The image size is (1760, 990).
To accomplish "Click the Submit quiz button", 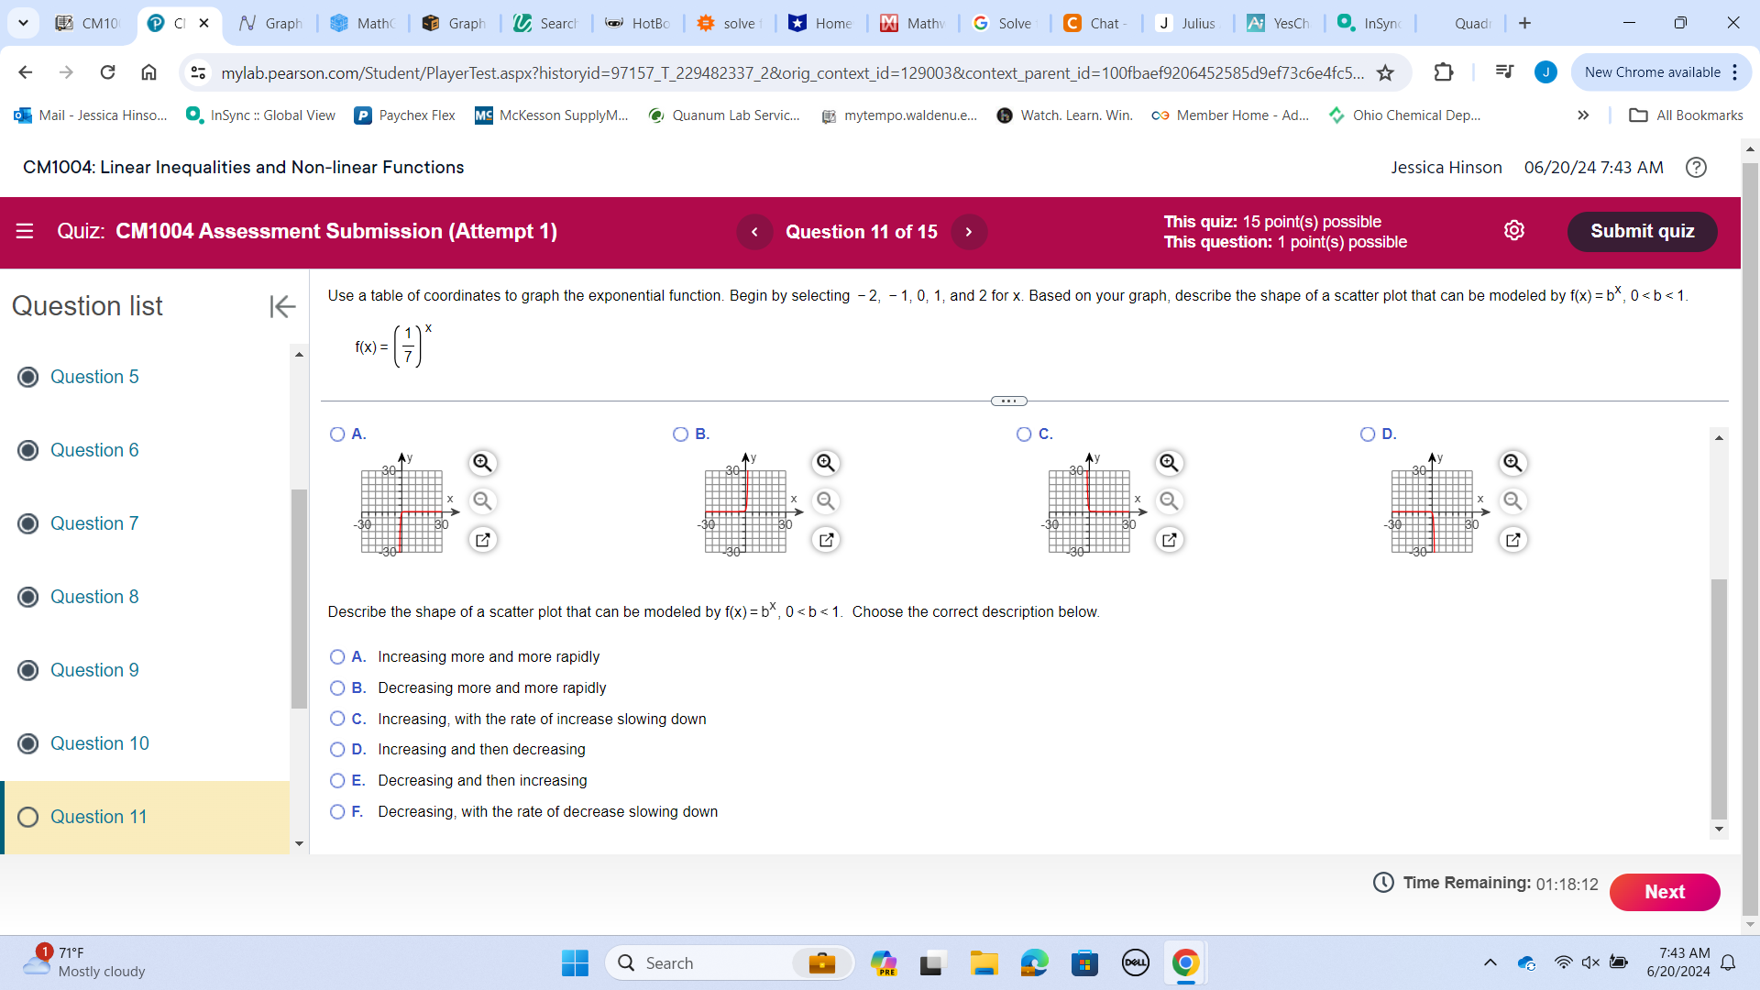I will [x=1642, y=231].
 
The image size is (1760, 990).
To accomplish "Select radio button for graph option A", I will [x=337, y=434].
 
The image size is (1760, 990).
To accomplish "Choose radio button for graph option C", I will [x=1024, y=434].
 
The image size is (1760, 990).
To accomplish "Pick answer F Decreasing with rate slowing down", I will [x=337, y=812].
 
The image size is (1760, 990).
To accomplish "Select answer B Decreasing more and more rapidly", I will [x=337, y=688].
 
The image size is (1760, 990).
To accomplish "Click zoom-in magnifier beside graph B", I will [x=826, y=463].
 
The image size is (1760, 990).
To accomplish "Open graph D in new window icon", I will [x=1512, y=540].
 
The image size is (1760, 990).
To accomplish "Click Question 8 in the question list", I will [x=94, y=597].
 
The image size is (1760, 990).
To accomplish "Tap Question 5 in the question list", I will [x=94, y=377].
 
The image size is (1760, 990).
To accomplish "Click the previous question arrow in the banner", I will [x=754, y=232].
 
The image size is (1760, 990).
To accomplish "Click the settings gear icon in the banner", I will [x=1514, y=231].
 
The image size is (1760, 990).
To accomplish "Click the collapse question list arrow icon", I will [x=282, y=306].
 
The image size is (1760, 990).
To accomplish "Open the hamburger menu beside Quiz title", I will [x=25, y=231].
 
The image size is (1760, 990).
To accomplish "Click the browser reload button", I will [x=107, y=72].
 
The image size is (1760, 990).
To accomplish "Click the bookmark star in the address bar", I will [x=1385, y=72].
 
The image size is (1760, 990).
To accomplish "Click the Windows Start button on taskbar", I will [x=575, y=963].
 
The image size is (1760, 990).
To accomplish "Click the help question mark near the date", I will [x=1696, y=168].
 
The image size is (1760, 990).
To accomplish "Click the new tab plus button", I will [x=1524, y=23].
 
